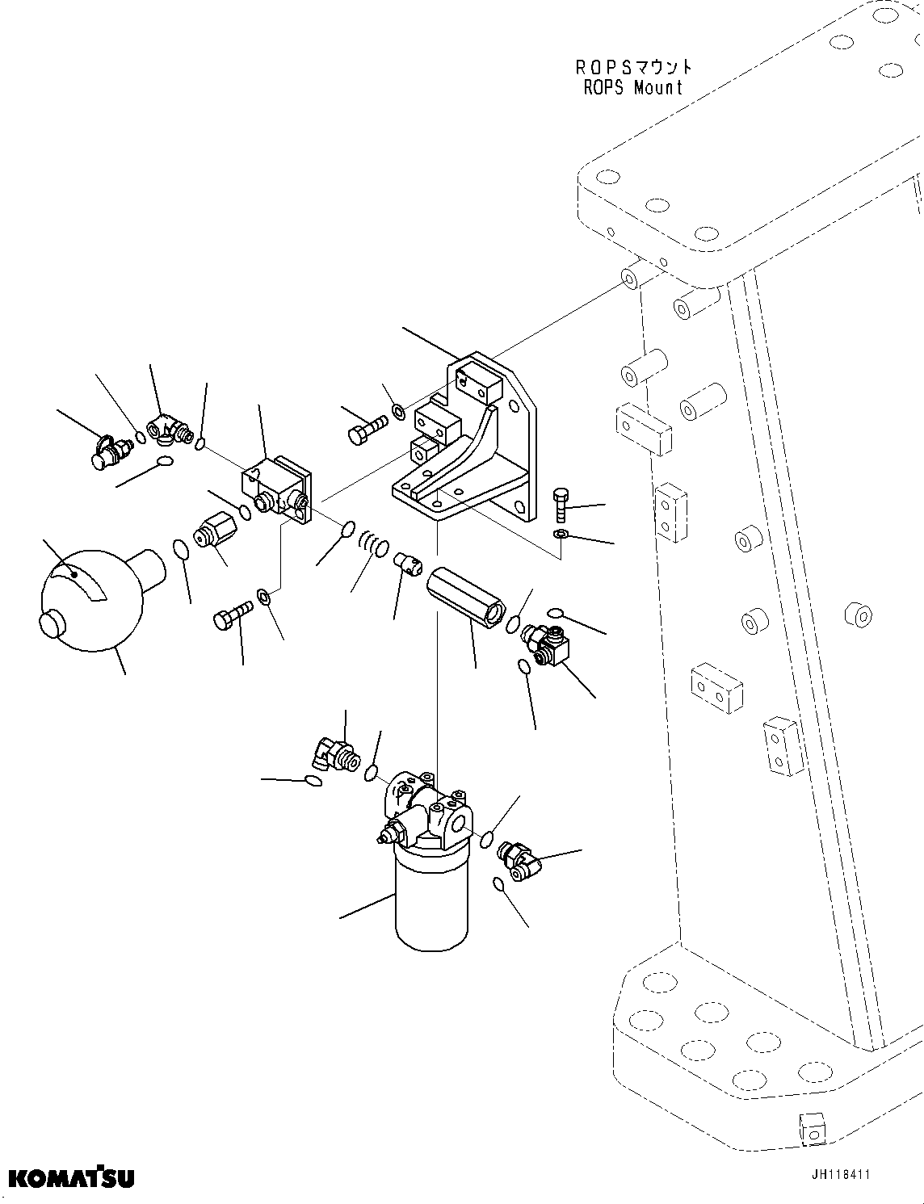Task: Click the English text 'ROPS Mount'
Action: pyautogui.click(x=633, y=87)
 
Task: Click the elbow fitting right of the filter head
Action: pyautogui.click(x=519, y=858)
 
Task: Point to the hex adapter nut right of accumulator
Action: pyautogui.click(x=216, y=533)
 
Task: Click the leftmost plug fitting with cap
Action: pyautogui.click(x=109, y=451)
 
